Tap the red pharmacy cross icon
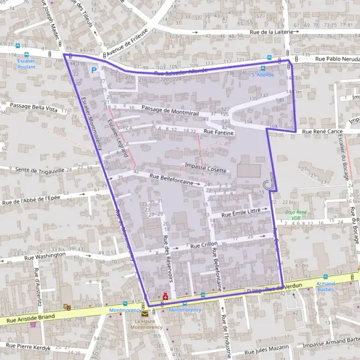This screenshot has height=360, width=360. [166, 296]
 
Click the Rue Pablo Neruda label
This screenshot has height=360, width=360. [337, 59]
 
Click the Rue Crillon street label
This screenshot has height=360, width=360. [204, 245]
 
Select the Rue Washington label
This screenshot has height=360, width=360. [44, 256]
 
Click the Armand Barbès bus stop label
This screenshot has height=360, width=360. [325, 286]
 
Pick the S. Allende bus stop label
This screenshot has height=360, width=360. [262, 74]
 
